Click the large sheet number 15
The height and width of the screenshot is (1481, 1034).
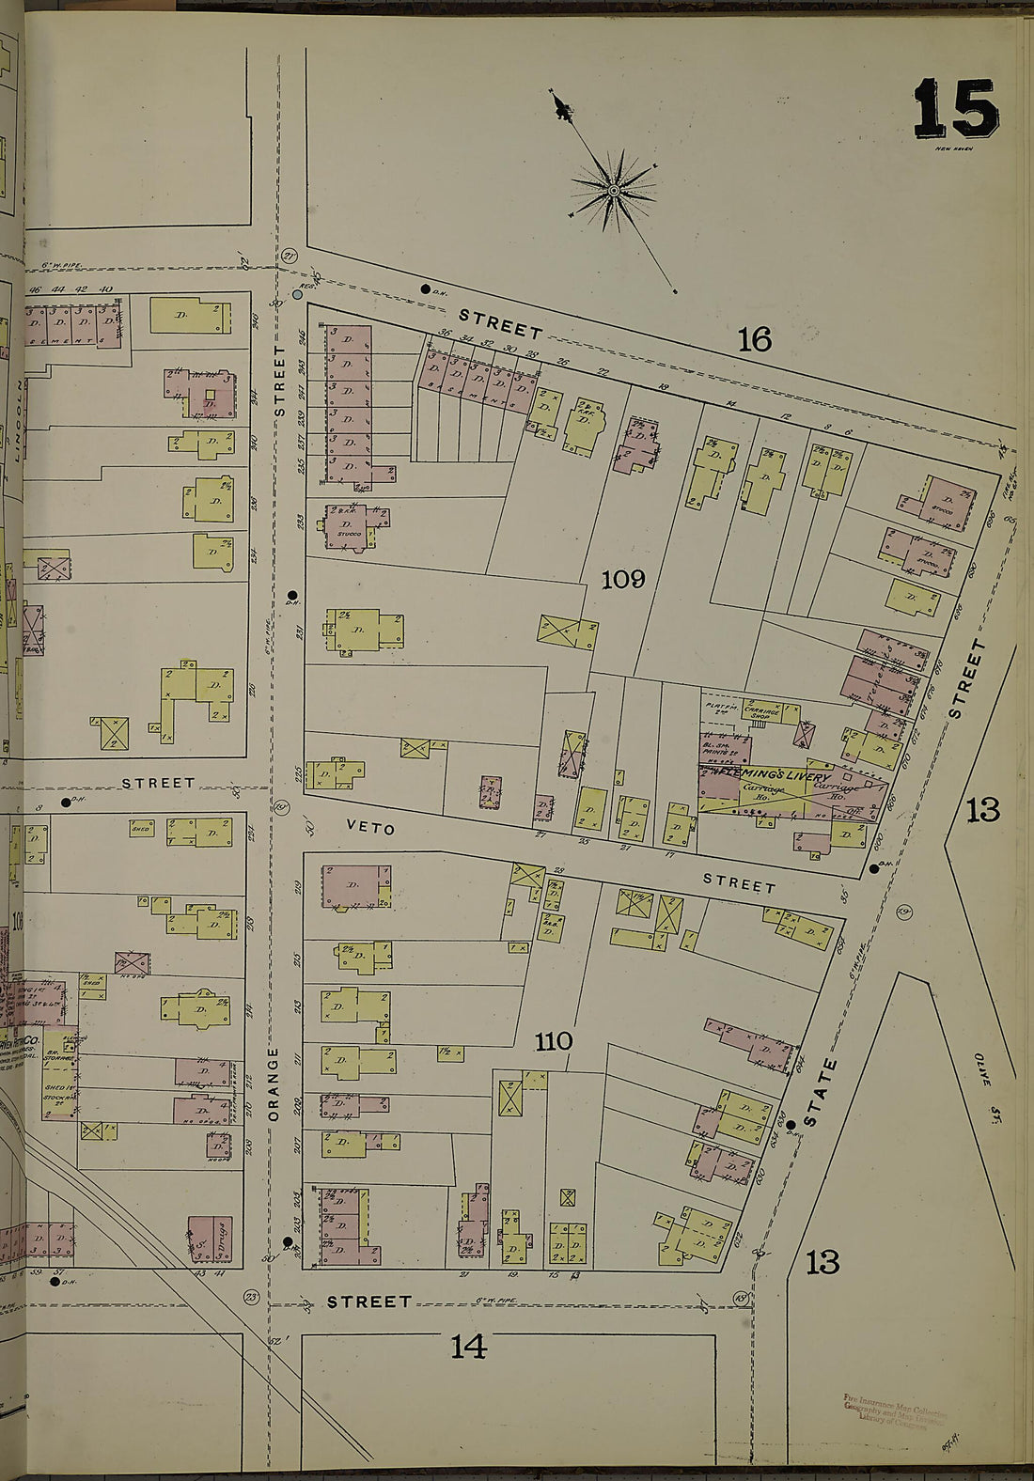954,109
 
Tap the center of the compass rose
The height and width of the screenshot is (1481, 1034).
614,191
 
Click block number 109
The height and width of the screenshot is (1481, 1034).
623,580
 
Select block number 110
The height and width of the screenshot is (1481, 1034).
554,1041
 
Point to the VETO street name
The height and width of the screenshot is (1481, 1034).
370,828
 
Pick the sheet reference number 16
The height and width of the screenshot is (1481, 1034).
754,339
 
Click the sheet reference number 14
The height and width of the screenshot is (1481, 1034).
468,1348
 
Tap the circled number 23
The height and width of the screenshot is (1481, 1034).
251,1298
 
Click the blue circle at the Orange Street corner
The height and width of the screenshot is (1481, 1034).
298,294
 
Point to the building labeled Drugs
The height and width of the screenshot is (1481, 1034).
210,1239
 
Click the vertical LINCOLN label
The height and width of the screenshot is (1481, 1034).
18,423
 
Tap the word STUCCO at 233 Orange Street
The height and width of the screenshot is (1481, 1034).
349,533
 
